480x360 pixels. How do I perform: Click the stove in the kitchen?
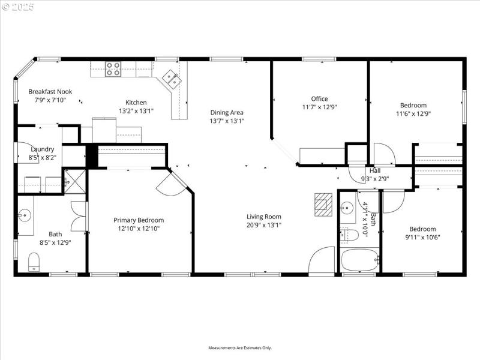(113, 69)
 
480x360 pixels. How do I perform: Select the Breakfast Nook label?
(50, 92)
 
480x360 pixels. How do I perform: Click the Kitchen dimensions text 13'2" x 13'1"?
(136, 111)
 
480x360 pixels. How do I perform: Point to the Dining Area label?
(227, 112)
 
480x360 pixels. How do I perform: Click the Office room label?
(319, 99)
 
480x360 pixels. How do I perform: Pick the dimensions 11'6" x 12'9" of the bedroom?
(413, 113)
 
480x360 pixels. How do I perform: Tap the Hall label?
(375, 170)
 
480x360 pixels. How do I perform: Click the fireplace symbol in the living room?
(323, 204)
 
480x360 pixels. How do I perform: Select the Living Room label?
(263, 217)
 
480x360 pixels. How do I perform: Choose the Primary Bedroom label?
(139, 220)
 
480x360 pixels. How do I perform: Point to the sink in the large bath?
(25, 214)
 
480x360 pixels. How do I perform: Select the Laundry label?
(43, 149)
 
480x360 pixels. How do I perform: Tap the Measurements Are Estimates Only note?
(240, 348)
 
